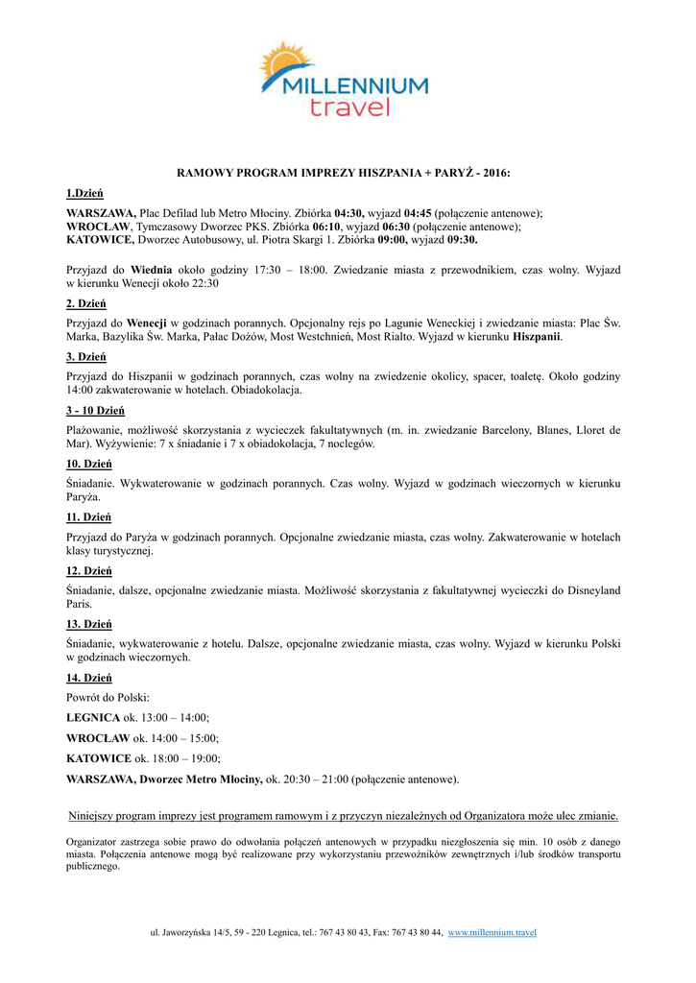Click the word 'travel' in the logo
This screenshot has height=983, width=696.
pyautogui.click(x=349, y=107)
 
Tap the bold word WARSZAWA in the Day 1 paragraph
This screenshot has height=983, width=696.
pyautogui.click(x=101, y=213)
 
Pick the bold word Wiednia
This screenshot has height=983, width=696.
pyautogui.click(x=151, y=271)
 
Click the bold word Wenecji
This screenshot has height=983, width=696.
pyautogui.click(x=147, y=324)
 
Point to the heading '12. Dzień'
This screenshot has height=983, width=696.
pyautogui.click(x=89, y=570)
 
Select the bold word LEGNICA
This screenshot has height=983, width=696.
pyautogui.click(x=93, y=717)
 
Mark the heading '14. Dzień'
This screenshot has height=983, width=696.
pyautogui.click(x=89, y=677)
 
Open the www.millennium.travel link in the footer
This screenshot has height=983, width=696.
pyautogui.click(x=492, y=932)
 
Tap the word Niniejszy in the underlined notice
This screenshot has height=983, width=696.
pyautogui.click(x=94, y=816)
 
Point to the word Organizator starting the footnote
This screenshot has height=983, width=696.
pyautogui.click(x=93, y=841)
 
